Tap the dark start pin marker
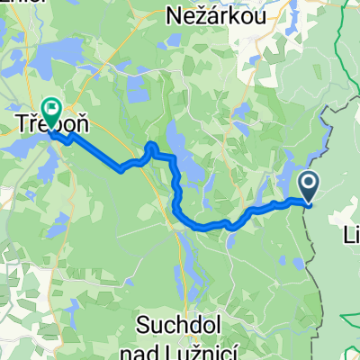pyautogui.click(x=308, y=187)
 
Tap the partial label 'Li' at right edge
pyautogui.click(x=351, y=236)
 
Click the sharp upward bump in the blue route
pyautogui.click(x=151, y=146)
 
